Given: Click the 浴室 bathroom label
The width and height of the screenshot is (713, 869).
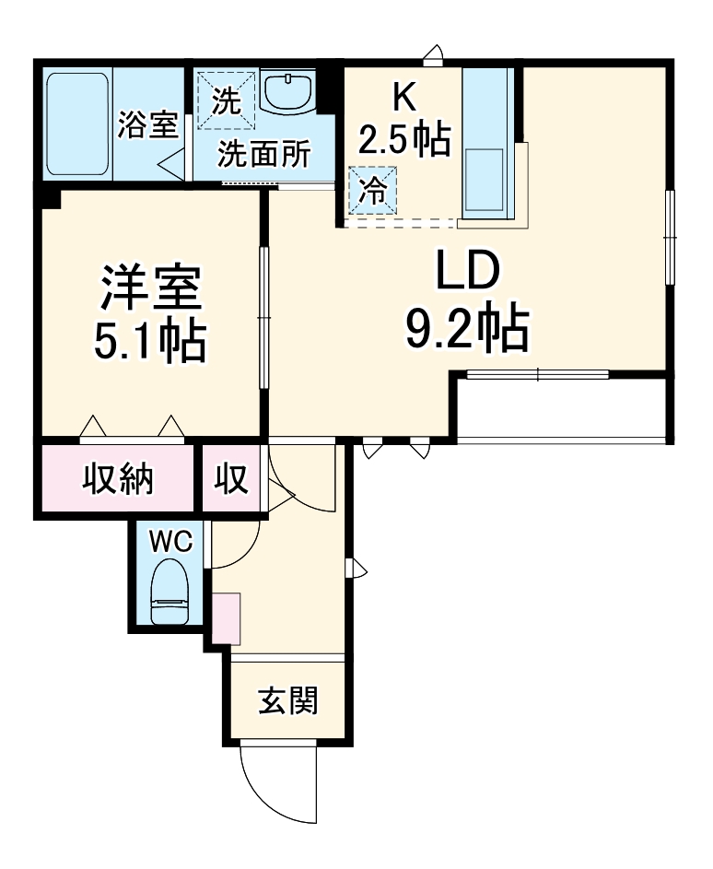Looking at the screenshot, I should [147, 124].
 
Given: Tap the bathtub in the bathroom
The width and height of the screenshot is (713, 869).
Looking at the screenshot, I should [76, 123].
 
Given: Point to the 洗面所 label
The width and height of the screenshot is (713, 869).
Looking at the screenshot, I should [263, 155].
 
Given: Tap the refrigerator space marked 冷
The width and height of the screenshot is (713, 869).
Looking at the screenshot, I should [372, 190].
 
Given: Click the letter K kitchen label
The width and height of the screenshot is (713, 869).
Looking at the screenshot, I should [402, 95].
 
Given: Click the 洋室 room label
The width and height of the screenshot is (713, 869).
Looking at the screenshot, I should [150, 288].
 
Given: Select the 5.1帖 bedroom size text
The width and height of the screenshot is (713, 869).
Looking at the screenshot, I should [148, 342].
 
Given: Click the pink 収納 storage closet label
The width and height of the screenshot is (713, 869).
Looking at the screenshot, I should [119, 478].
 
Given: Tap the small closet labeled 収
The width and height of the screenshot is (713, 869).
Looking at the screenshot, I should [231, 478].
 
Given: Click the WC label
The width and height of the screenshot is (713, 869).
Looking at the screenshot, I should [171, 542].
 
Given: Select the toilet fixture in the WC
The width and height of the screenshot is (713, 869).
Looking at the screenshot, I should [171, 595].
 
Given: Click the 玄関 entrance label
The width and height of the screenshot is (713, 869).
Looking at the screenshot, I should [288, 701].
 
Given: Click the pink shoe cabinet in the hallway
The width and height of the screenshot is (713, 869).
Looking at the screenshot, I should [226, 618].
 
